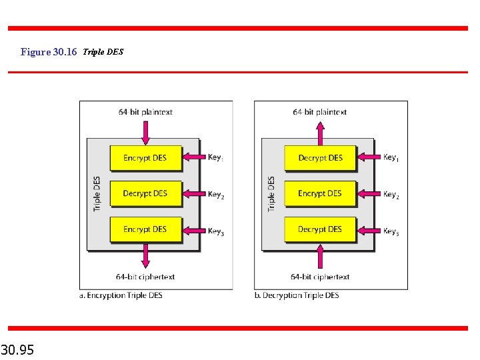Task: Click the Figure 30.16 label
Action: click(49, 52)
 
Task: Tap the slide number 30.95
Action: click(18, 349)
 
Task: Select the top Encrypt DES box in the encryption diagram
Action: click(145, 158)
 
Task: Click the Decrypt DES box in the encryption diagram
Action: click(145, 193)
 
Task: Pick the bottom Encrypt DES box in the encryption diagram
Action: click(145, 229)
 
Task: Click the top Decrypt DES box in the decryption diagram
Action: click(320, 158)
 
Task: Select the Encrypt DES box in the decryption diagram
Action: click(320, 193)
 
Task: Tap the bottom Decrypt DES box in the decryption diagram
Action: click(320, 229)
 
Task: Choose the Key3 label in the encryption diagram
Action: click(216, 232)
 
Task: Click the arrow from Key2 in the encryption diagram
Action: click(194, 194)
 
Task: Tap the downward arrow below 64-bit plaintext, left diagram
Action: click(145, 131)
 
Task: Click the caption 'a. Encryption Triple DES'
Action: click(125, 295)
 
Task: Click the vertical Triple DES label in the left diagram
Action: click(97, 194)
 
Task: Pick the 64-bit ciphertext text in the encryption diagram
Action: click(145, 277)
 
